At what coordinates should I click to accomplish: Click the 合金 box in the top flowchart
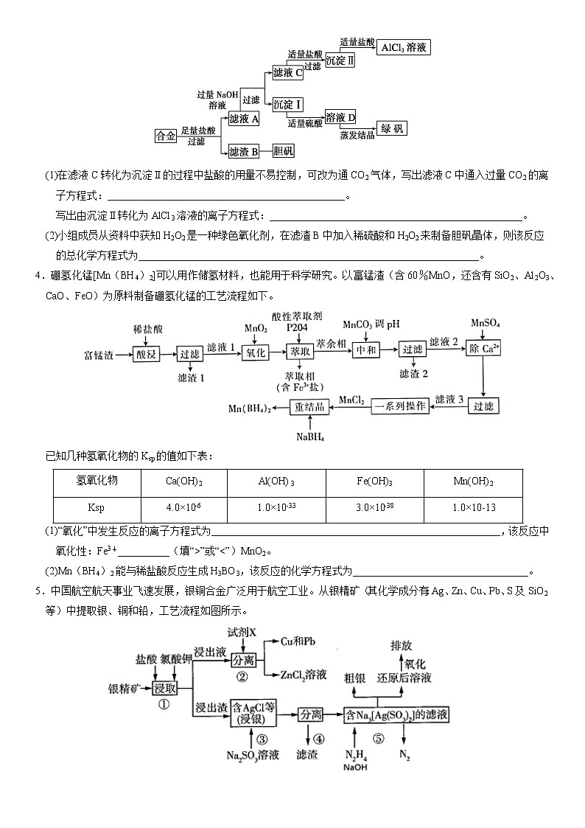[166, 136]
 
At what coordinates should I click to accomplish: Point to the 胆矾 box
[283, 152]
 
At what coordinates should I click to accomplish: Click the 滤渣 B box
[243, 152]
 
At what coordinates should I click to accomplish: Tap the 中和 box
[366, 350]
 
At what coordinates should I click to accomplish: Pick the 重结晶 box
[309, 407]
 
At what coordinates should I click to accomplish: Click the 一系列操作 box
[400, 406]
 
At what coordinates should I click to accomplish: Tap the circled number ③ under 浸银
[252, 737]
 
